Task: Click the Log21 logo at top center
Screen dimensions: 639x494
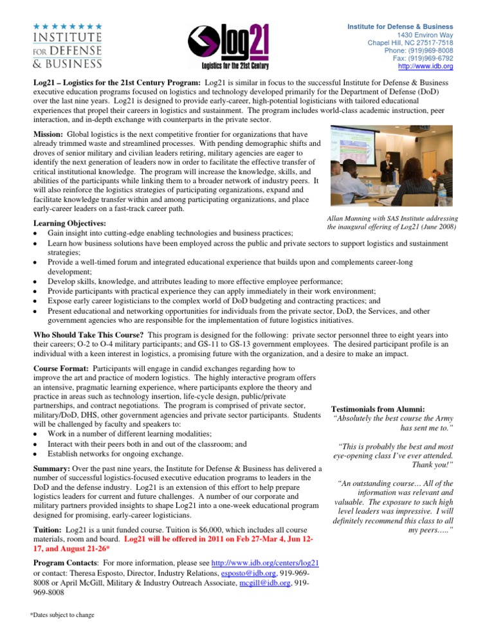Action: click(x=228, y=46)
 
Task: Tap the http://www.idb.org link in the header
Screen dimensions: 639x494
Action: click(x=426, y=66)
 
